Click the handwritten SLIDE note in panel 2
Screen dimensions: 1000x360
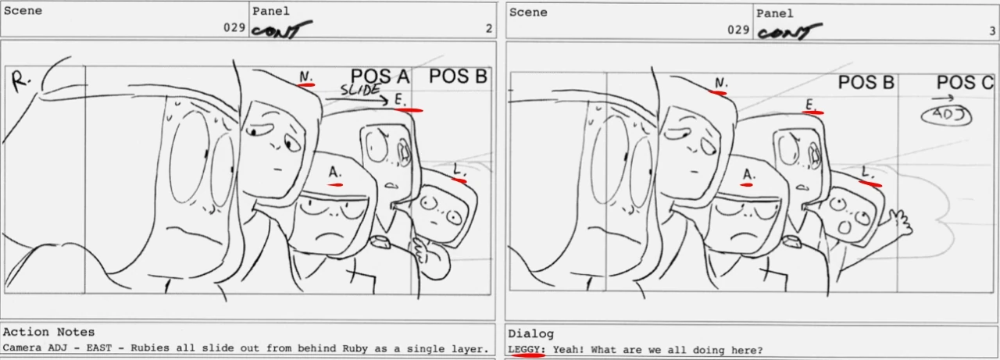(361, 89)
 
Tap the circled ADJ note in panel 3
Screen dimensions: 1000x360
(946, 115)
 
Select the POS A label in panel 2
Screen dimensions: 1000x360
(380, 77)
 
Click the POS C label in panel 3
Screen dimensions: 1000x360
(965, 83)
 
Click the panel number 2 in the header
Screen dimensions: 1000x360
(489, 29)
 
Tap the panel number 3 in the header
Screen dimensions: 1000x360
(992, 30)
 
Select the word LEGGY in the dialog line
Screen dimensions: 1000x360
(527, 350)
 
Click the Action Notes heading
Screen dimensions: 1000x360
(48, 332)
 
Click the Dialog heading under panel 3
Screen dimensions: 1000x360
(530, 333)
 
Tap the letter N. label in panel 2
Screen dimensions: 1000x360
(305, 77)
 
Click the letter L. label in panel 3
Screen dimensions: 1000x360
(867, 173)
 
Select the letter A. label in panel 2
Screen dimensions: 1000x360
(335, 173)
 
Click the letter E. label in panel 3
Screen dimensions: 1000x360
(811, 105)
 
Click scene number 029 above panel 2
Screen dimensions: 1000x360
(235, 27)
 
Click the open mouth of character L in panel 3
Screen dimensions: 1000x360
(845, 227)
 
